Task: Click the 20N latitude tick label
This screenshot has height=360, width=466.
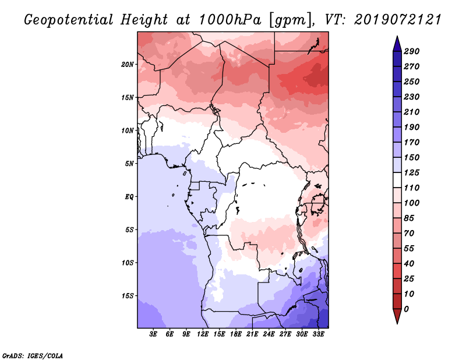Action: tap(127, 65)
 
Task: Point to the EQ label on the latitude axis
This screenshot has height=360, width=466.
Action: tap(129, 197)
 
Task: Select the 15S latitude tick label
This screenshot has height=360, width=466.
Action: tap(128, 296)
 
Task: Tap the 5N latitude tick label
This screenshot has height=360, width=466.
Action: tap(129, 164)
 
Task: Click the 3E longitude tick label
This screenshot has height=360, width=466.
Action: tap(153, 334)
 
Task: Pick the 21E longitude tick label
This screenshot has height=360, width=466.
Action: tap(252, 334)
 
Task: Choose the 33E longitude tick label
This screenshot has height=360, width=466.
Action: tap(318, 334)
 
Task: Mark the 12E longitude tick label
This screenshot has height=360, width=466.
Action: tap(202, 334)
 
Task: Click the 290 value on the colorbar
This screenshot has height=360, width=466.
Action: tap(412, 51)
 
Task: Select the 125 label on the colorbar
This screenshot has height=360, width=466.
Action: tap(412, 172)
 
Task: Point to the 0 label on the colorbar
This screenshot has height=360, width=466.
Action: tap(406, 309)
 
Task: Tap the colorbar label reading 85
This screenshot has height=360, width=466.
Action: tap(409, 218)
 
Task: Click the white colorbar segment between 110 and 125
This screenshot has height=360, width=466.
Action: tap(397, 180)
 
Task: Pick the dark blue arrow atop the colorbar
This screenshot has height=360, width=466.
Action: tap(397, 44)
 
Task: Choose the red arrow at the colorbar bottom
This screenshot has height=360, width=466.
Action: tap(397, 316)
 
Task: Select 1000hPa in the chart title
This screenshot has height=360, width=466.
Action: tap(230, 20)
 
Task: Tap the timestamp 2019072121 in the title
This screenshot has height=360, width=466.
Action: tap(398, 20)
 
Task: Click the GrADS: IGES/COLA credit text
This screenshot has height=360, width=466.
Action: tap(33, 356)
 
